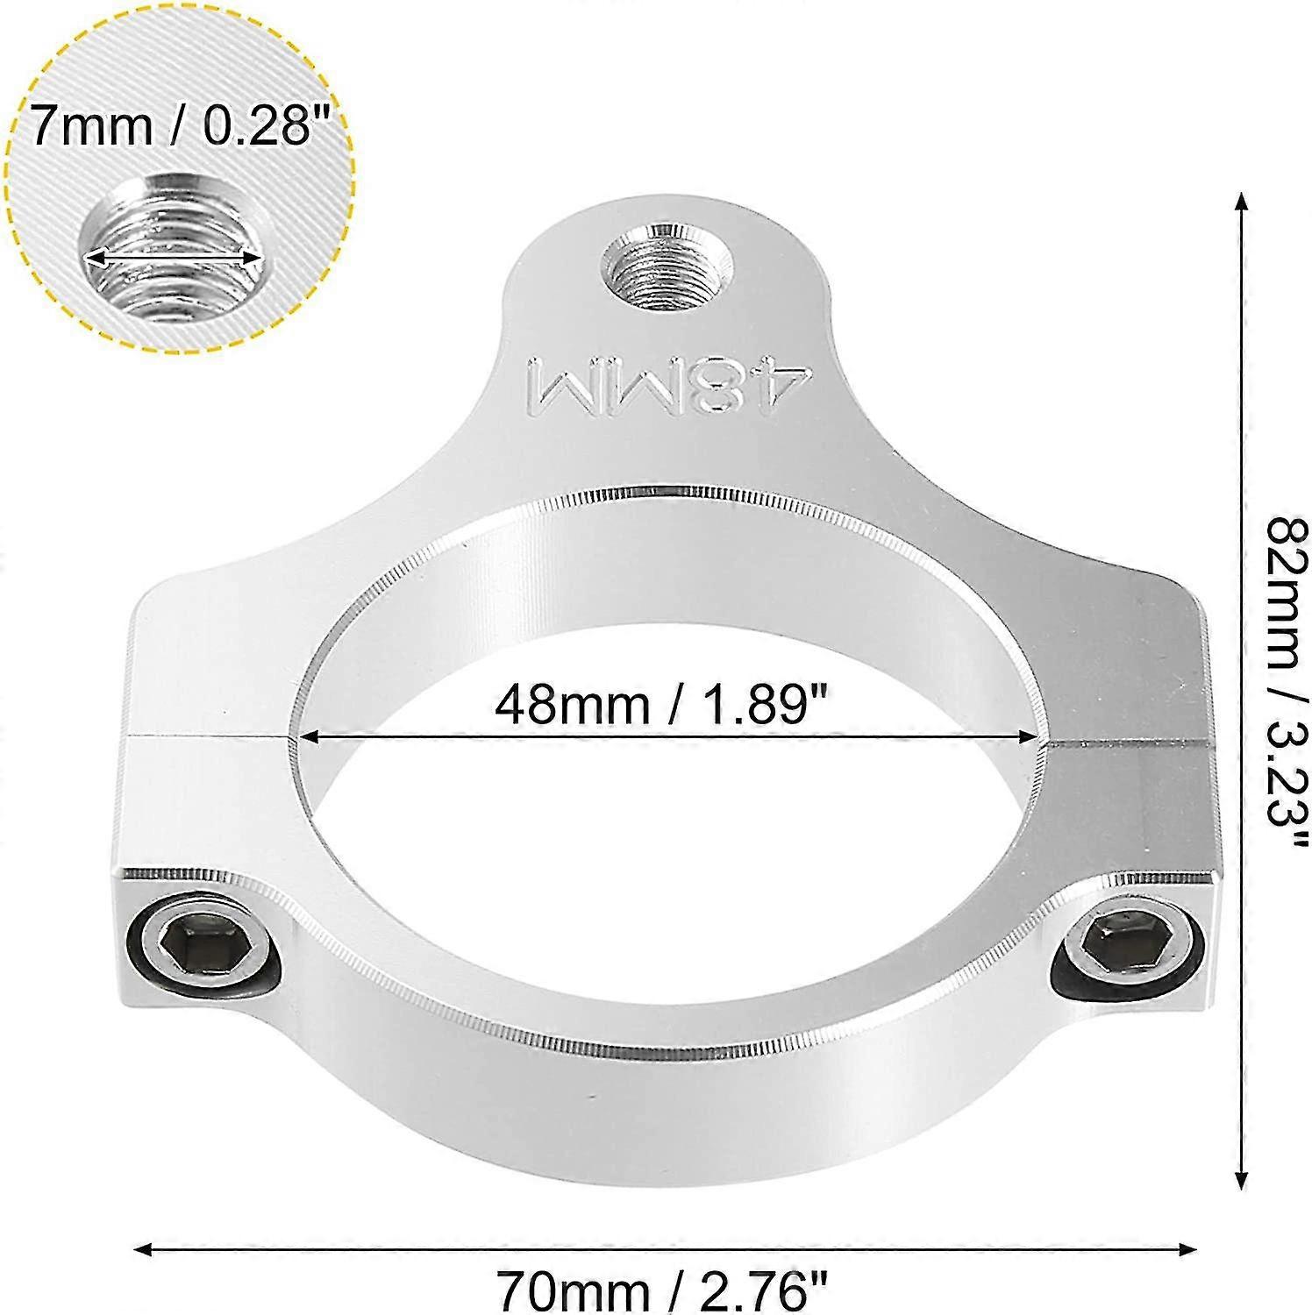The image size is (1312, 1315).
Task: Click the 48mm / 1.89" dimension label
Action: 662,703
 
